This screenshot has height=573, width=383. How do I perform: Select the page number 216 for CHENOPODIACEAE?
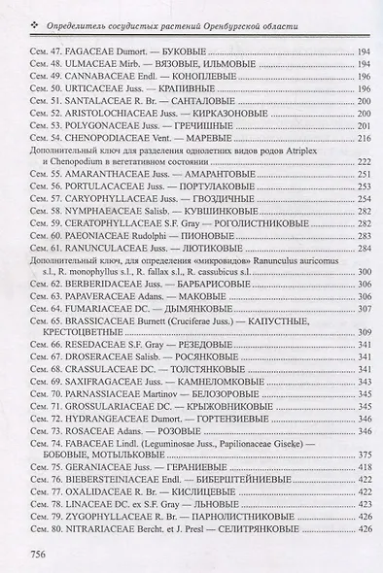coord(365,139)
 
